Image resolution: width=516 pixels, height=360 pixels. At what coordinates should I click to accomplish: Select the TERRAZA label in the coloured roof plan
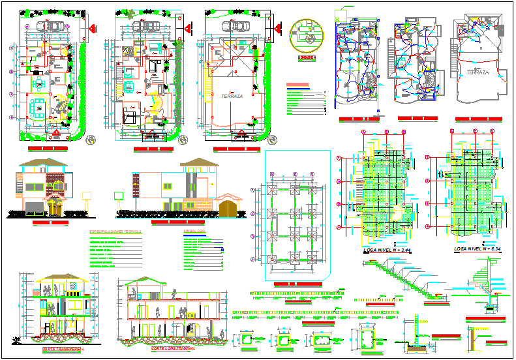(x=232, y=96)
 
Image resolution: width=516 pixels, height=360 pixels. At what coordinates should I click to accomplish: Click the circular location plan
(x=306, y=37)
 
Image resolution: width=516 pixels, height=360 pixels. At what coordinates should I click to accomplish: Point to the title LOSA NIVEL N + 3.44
(x=386, y=250)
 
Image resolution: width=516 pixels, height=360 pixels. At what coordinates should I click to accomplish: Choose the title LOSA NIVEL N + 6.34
(x=478, y=250)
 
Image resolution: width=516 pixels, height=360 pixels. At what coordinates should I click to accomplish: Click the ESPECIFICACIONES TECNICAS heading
(x=114, y=232)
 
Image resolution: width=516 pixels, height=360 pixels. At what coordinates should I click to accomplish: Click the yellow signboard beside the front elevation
(x=86, y=194)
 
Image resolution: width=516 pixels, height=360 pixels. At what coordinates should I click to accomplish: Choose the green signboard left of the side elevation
(x=119, y=194)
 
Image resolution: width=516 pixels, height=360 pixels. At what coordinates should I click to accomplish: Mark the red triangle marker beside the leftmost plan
(x=93, y=28)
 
